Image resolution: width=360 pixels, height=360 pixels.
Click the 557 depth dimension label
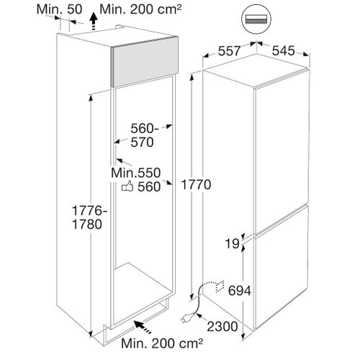(x=229, y=51)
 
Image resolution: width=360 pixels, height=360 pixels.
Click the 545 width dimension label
(x=283, y=51)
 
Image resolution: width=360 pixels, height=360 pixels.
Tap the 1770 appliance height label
(x=196, y=184)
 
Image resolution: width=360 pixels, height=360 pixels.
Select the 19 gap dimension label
(x=233, y=244)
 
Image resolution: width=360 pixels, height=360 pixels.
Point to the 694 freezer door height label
(x=239, y=291)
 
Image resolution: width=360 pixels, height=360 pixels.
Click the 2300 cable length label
(x=222, y=326)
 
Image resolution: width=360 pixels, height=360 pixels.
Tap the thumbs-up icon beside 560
(x=127, y=186)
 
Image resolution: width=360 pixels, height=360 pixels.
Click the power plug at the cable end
(x=186, y=318)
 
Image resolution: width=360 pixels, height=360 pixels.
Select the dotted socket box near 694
(x=220, y=286)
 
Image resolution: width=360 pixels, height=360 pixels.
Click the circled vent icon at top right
(x=256, y=19)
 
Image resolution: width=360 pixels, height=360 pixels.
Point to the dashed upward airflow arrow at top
(x=94, y=22)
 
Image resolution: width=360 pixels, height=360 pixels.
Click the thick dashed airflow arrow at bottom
(x=143, y=327)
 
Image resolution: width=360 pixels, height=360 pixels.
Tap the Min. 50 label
(x=59, y=9)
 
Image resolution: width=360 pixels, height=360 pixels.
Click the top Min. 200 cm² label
(x=140, y=9)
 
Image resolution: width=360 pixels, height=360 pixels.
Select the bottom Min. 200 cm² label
(x=162, y=343)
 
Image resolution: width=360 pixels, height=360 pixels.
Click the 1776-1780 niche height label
(x=89, y=217)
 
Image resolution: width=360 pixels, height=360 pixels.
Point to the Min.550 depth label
(x=135, y=173)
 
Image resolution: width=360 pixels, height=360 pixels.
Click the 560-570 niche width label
(x=145, y=135)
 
